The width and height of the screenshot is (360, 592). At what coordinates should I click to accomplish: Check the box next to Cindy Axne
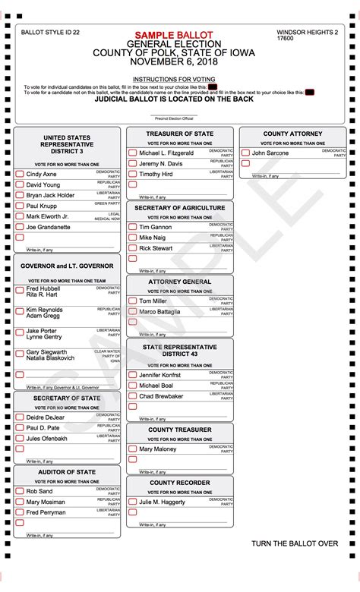pyautogui.click(x=20, y=174)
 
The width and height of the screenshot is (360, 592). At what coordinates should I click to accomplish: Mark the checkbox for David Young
pyautogui.click(x=20, y=184)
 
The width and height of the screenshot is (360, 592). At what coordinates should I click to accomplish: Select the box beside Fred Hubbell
pyautogui.click(x=20, y=289)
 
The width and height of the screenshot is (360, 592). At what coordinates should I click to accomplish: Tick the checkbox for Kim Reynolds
pyautogui.click(x=20, y=310)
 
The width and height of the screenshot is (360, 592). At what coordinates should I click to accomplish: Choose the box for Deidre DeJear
pyautogui.click(x=20, y=417)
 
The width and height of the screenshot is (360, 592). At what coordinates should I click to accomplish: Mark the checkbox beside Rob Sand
pyautogui.click(x=20, y=491)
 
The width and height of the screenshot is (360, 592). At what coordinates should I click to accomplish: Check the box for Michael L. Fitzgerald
pyautogui.click(x=132, y=153)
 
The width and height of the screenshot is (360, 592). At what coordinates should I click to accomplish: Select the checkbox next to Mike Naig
pyautogui.click(x=132, y=238)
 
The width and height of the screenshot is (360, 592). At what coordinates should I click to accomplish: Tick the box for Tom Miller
pyautogui.click(x=132, y=301)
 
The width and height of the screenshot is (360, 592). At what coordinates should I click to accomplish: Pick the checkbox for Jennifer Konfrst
pyautogui.click(x=132, y=375)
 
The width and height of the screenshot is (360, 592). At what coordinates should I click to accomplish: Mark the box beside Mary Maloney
pyautogui.click(x=132, y=449)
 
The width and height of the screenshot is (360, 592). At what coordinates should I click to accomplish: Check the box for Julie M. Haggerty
pyautogui.click(x=132, y=502)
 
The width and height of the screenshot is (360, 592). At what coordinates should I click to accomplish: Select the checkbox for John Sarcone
pyautogui.click(x=245, y=153)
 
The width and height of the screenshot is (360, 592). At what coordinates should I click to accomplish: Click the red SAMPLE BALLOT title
pyautogui.click(x=175, y=36)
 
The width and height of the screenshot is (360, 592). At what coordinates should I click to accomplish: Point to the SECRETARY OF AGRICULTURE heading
pyautogui.click(x=180, y=207)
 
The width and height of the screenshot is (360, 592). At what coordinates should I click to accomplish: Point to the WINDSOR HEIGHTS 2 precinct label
pyautogui.click(x=308, y=33)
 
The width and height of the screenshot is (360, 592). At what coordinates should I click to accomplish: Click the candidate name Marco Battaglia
pyautogui.click(x=159, y=312)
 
